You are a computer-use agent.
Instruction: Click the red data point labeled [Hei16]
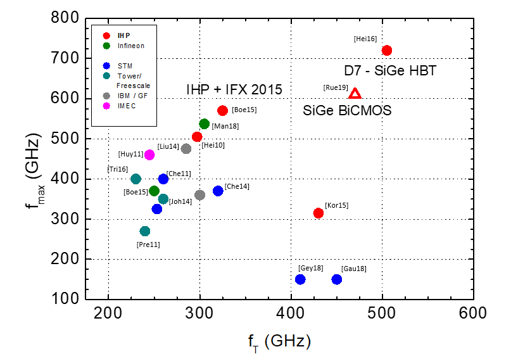(x=387, y=50)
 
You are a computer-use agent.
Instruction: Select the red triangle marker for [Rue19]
(x=355, y=94)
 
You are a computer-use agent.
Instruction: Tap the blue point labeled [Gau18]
(x=337, y=279)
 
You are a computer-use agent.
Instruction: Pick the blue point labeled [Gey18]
(x=300, y=279)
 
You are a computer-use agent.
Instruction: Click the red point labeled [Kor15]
(x=319, y=213)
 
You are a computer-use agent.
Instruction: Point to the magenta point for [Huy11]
(x=149, y=155)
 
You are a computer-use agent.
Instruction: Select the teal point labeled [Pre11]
(x=145, y=231)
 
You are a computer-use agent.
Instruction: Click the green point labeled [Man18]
(x=204, y=124)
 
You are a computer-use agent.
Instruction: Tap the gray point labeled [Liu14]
(x=186, y=149)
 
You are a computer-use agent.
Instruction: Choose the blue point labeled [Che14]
(x=218, y=191)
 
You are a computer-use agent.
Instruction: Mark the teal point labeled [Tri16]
(x=136, y=179)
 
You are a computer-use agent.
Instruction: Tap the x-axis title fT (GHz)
(x=279, y=342)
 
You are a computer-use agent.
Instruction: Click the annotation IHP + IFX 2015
(x=234, y=89)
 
